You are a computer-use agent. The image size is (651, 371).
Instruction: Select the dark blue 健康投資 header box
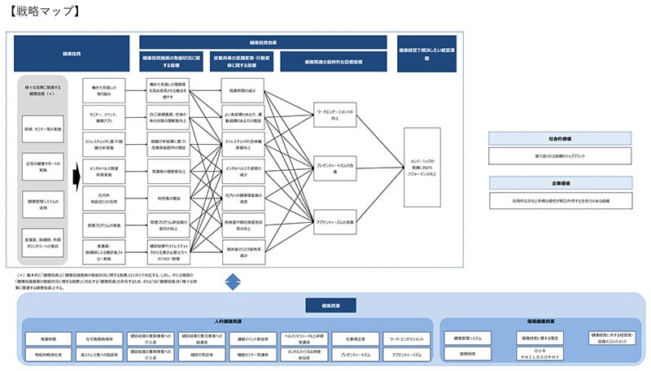(71, 54)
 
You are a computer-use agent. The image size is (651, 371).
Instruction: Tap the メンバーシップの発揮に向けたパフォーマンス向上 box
(430, 165)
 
